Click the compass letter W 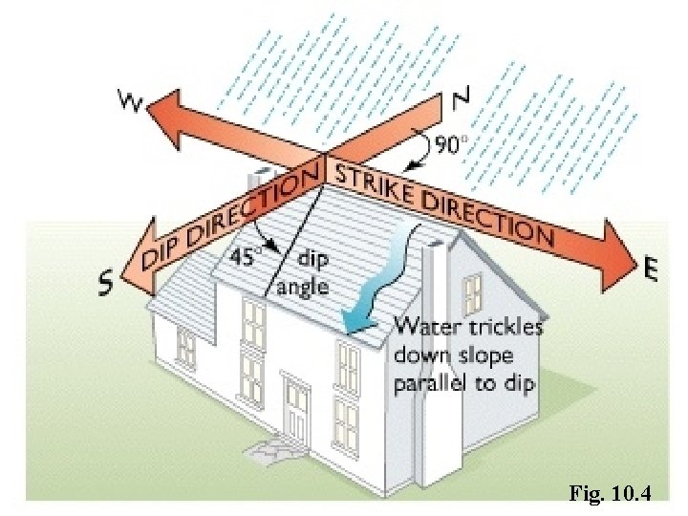(128, 100)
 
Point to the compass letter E (652, 271)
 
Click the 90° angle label (454, 145)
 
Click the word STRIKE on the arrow (366, 179)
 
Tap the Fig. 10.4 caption (609, 494)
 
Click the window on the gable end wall (473, 292)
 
